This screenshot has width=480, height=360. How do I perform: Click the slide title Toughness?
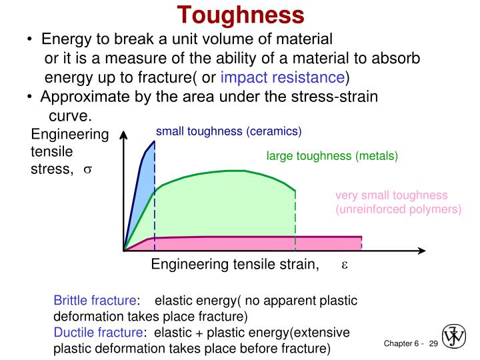click(x=241, y=14)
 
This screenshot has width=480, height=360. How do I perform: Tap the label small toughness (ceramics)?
click(x=229, y=131)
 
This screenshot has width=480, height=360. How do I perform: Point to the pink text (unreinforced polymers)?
click(x=398, y=209)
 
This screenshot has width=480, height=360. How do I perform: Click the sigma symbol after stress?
click(x=87, y=169)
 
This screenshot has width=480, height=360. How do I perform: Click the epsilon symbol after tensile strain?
click(x=345, y=265)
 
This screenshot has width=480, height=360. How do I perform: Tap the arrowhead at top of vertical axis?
click(x=123, y=134)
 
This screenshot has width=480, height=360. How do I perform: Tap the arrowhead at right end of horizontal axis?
click(x=421, y=251)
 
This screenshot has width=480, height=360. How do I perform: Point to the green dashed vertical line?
click(x=295, y=220)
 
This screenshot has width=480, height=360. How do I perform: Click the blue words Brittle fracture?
click(x=95, y=301)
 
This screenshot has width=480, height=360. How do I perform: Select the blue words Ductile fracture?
click(x=98, y=333)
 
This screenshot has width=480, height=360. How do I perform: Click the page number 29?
click(x=433, y=343)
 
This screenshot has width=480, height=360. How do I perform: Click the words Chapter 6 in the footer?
click(x=400, y=343)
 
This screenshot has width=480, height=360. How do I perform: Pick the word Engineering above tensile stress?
click(x=70, y=135)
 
